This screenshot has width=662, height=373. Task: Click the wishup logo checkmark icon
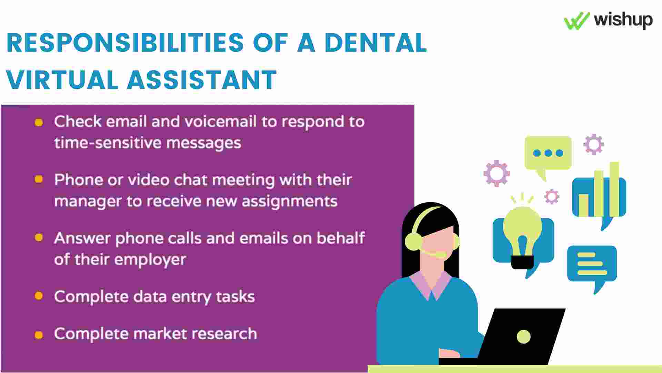pos(577,21)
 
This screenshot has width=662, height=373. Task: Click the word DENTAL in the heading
pos(375,43)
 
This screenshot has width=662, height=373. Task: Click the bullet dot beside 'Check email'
pos(39,122)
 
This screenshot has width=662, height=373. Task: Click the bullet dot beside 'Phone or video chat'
pos(39,179)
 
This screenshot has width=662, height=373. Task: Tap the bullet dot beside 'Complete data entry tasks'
pos(39,296)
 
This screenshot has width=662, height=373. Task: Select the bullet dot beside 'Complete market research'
pos(39,335)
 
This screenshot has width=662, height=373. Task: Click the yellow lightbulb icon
pos(522,235)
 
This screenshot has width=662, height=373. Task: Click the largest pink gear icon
pos(496,173)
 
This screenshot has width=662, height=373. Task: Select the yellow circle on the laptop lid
pos(524,336)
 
